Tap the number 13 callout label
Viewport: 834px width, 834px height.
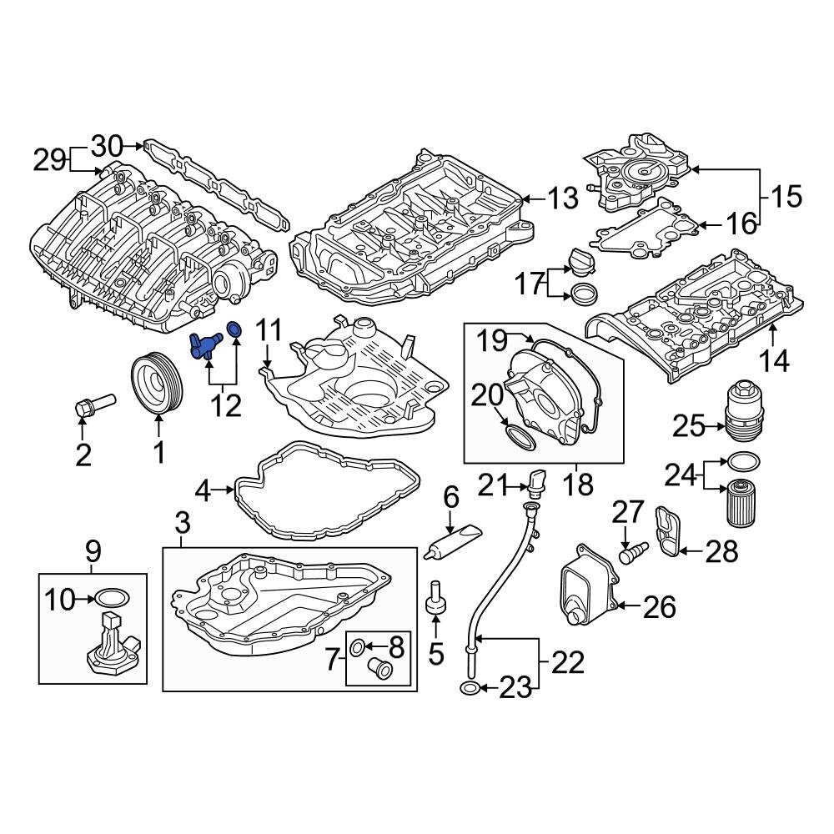(563, 198)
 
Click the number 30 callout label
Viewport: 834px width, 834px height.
(106, 146)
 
